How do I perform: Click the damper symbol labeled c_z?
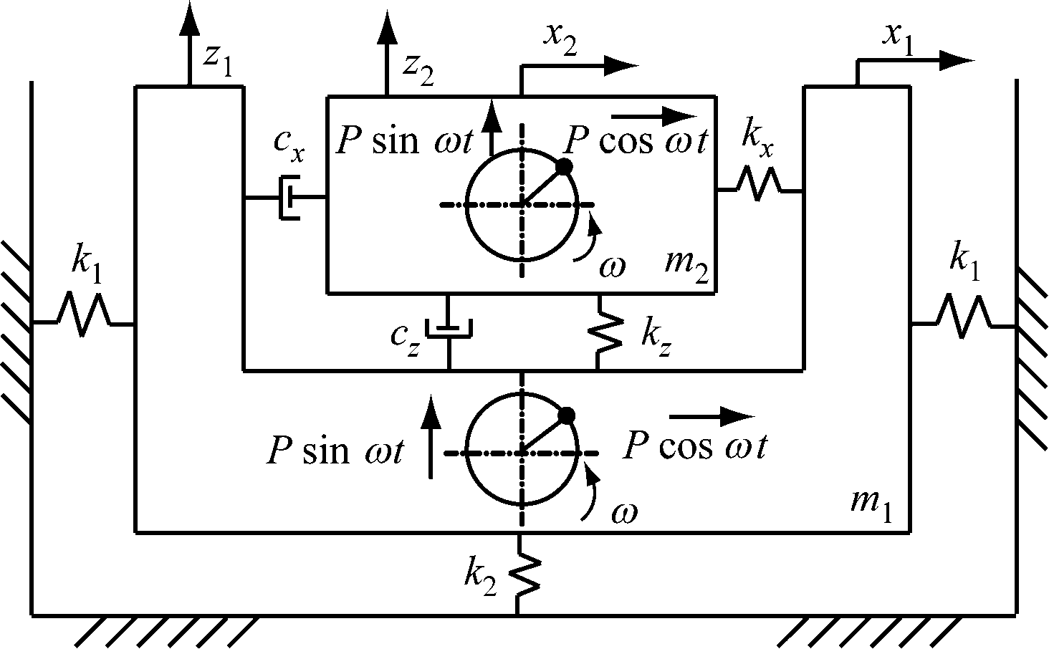coord(449,329)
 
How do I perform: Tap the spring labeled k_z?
coord(599,330)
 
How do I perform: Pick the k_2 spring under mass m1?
coord(527,574)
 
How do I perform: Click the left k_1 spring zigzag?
coord(83,315)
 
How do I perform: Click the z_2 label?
coord(418,67)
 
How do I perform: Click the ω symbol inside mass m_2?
coord(613,266)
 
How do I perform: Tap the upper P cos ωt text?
coord(636,141)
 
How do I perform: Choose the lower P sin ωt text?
coord(335,451)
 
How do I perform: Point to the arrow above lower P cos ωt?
coord(712,415)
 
